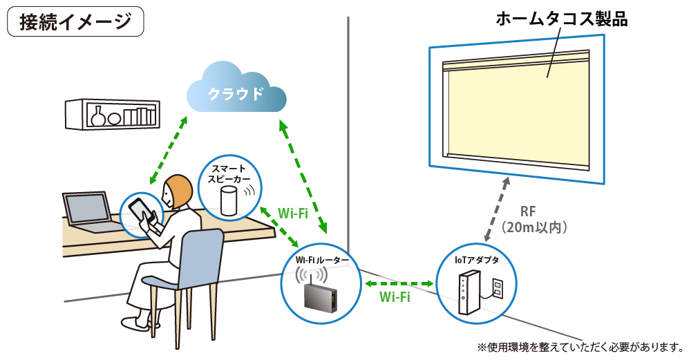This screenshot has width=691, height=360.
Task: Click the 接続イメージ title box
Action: [x=75, y=21]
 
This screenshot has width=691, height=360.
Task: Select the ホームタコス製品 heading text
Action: [x=562, y=19]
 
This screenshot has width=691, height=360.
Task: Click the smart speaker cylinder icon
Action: [x=227, y=200]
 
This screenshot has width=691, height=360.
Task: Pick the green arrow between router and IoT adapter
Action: [x=399, y=283]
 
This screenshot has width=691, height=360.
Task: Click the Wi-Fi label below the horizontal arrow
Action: [x=395, y=298]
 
